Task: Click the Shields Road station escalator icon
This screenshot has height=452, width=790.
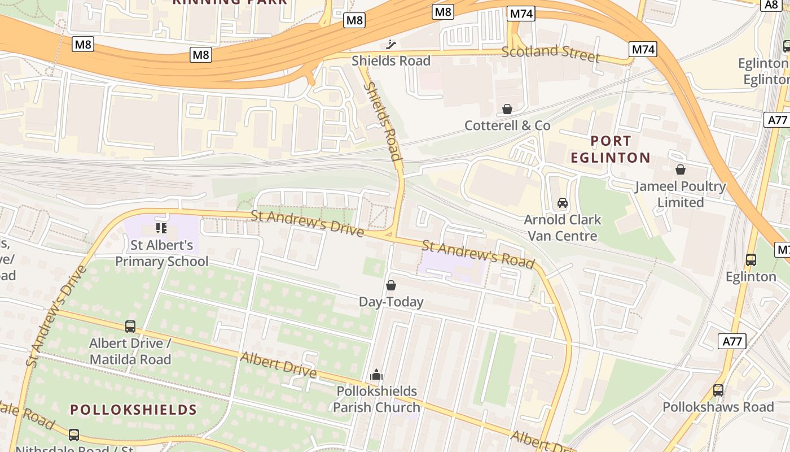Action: coord(391,45)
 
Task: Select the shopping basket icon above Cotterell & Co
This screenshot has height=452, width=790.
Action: coord(507,108)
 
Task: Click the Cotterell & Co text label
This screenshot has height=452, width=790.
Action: coord(507,125)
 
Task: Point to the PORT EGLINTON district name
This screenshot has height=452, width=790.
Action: coord(611,149)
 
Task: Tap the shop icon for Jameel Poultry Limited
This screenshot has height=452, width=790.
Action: coord(681,169)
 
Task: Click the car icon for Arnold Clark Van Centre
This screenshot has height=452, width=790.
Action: coord(562,203)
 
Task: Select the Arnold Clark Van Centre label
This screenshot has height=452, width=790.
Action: coord(562,227)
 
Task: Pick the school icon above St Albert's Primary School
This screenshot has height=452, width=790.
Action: coord(161,228)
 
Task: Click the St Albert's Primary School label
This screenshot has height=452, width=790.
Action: coord(161,253)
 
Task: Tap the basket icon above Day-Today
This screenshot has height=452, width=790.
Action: coord(391,285)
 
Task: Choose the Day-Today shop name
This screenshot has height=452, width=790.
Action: coord(391,302)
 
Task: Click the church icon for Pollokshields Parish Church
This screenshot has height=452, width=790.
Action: coord(376,375)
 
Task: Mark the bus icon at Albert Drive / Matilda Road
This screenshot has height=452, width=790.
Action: coord(130,327)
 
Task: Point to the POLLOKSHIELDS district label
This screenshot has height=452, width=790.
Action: coord(133,410)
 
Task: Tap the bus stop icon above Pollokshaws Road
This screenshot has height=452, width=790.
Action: coord(718,390)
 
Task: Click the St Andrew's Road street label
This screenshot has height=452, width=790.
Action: coord(478,254)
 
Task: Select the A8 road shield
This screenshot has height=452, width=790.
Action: coord(771,5)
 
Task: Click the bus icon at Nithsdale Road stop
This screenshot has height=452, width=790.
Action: coord(74,434)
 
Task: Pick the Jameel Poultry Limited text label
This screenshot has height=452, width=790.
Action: coord(681,194)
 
